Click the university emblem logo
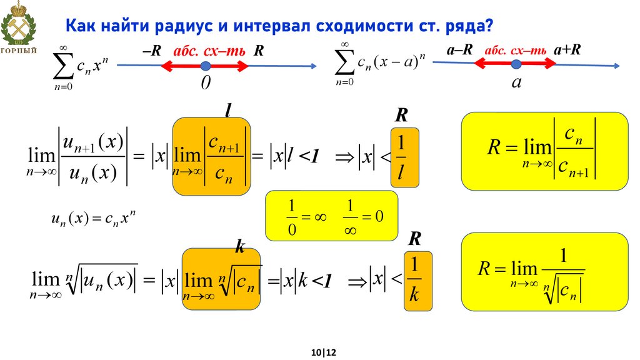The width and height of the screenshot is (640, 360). [x=18, y=28]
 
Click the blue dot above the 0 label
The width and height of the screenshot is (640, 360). [x=205, y=66]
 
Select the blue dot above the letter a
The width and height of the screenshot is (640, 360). [x=516, y=64]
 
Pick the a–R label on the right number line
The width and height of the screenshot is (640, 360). [x=459, y=50]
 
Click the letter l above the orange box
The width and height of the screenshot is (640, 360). [x=229, y=110]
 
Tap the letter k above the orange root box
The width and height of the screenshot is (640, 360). [x=239, y=246]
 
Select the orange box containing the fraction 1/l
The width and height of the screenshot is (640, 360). [x=404, y=157]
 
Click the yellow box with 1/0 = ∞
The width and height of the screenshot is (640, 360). [x=331, y=216]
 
